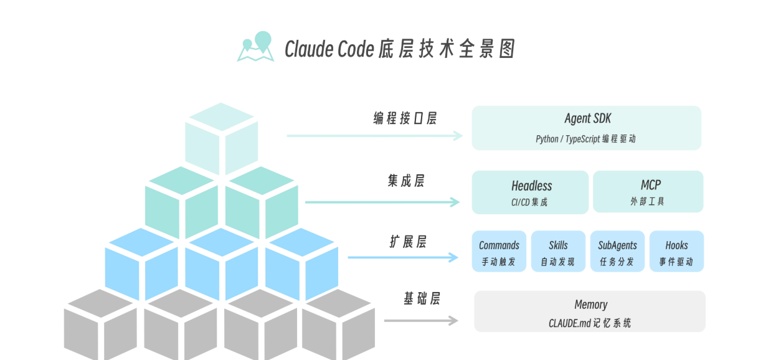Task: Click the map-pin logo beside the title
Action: pos(256,47)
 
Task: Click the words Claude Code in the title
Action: pos(329,49)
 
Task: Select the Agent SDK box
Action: pos(586,128)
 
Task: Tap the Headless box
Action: pos(530,192)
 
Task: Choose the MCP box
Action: pos(648,192)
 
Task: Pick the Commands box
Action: pos(499,252)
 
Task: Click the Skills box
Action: pos(558,252)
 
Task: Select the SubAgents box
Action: pos(617,252)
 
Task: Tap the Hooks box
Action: pos(676,252)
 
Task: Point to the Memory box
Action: pos(590,311)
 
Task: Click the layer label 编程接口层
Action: pos(405,118)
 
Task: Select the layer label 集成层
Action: pos(406,181)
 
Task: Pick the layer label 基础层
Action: pos(422,299)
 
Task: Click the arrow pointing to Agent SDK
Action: pos(374,136)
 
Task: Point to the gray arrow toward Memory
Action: pos(421,321)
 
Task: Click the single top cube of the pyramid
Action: pos(222,137)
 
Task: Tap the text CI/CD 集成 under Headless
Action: pos(529,202)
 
